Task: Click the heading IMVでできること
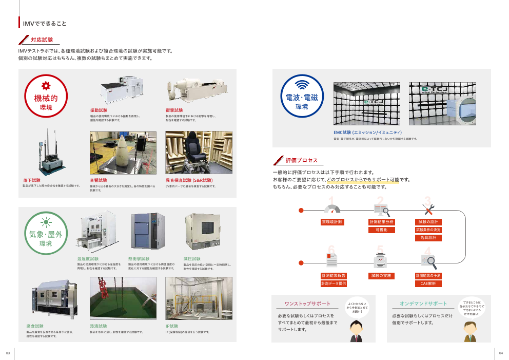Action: [x=45, y=23]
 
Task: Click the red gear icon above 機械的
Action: [x=46, y=86]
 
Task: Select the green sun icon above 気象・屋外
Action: [x=46, y=222]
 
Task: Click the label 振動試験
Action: [x=99, y=110]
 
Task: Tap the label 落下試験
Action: [x=31, y=180]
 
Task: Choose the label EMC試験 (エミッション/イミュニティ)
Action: [x=367, y=132]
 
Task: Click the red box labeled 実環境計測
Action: [x=332, y=222]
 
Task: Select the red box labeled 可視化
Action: [x=381, y=230]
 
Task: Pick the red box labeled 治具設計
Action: [x=428, y=238]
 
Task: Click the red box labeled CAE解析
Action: [x=428, y=283]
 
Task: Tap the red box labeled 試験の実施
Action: [x=381, y=276]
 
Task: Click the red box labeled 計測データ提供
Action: [x=333, y=283]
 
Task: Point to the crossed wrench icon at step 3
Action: [x=428, y=209]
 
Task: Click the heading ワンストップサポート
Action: [x=308, y=304]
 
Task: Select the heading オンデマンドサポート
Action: [x=423, y=304]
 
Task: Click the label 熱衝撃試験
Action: [x=139, y=259]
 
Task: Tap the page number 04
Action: [x=501, y=353]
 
